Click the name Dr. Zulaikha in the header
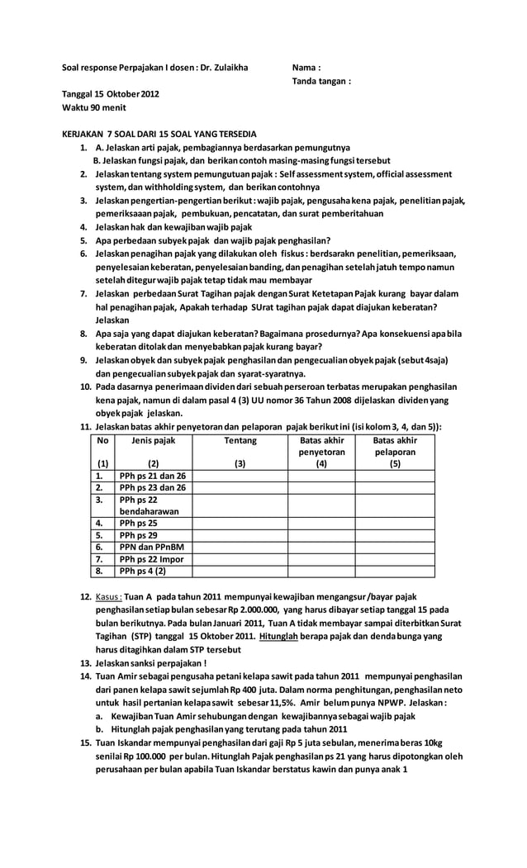223,68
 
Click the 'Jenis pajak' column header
154,441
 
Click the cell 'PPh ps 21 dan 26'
153,476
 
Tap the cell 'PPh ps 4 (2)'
142,571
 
